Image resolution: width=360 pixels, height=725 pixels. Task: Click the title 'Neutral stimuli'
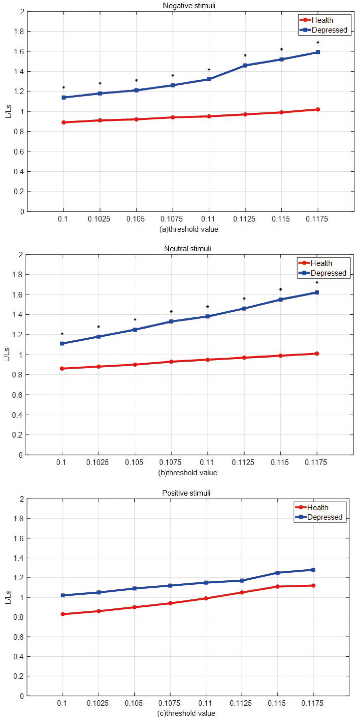pos(187,249)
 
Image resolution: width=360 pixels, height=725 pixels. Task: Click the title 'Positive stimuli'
pos(186,493)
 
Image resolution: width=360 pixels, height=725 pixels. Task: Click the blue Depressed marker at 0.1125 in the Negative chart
pos(245,65)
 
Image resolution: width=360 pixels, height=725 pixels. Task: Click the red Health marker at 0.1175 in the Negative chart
pos(318,109)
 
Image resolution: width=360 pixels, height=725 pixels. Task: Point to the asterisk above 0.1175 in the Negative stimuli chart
pos(318,42)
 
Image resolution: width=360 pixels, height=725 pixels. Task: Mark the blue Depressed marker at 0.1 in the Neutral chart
pos(62,343)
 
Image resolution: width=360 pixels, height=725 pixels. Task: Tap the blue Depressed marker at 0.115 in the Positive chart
pos(277,573)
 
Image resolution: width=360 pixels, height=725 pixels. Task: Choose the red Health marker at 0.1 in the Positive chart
pos(63,614)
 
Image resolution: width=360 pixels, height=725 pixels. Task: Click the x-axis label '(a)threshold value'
pos(189,229)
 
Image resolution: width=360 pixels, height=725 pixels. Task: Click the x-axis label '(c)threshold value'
pos(186,713)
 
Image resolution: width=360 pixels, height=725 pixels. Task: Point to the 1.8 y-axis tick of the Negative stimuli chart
pos(19,32)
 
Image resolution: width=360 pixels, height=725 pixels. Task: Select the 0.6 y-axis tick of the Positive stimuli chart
pos(19,637)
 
